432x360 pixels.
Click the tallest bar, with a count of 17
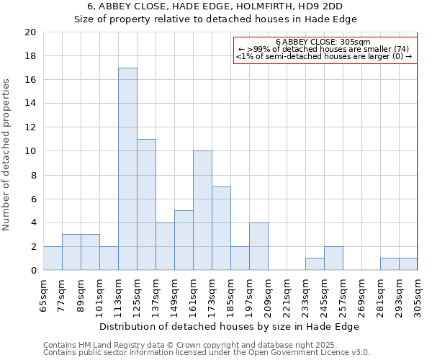127,169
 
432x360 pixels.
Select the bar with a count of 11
146,204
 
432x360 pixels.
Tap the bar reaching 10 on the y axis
202,210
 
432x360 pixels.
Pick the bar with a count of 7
221,228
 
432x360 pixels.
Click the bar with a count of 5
184,240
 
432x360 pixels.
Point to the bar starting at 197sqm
258,246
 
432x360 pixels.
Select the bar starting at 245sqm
333,258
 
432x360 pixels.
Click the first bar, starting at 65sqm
53,258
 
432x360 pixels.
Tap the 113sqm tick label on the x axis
118,297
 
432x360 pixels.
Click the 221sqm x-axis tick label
287,297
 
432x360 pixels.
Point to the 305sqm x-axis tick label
418,297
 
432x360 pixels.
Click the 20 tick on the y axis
30,32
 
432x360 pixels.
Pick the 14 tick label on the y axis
30,104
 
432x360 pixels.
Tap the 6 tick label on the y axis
32,199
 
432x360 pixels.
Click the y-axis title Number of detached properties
7,155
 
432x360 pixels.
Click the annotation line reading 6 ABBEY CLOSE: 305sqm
323,42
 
